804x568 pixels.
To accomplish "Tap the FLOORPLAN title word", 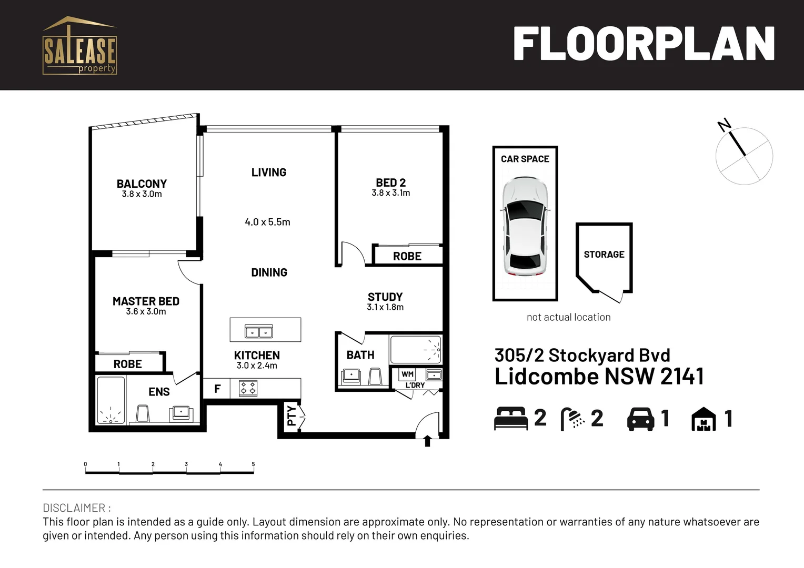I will (644, 45).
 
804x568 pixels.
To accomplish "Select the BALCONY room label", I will (142, 184).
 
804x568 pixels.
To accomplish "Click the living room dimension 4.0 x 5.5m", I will (267, 222).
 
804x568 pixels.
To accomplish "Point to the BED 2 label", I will (390, 182).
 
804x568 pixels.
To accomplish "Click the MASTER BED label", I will (146, 301).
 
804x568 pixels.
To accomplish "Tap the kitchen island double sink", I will (259, 332).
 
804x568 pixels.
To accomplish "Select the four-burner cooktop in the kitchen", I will (248, 389).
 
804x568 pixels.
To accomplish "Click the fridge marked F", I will (217, 389).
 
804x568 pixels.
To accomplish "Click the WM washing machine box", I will (407, 374).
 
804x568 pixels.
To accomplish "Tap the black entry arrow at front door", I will (427, 441).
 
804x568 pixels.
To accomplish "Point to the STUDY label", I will (385, 297).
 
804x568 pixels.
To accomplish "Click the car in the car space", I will (525, 226).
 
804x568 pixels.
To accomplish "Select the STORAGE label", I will (604, 255).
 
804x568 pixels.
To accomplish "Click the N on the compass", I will (725, 125).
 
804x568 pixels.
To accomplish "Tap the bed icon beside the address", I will (510, 419).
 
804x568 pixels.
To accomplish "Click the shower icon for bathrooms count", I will (572, 419).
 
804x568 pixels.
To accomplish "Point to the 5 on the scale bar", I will (253, 464).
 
